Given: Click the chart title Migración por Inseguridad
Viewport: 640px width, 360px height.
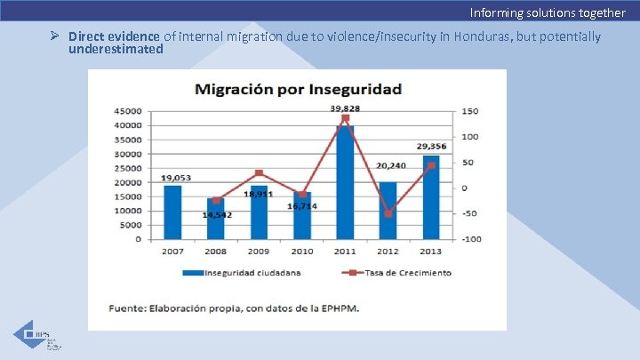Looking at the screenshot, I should [x=298, y=89].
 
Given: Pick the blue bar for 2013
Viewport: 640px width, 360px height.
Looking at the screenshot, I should [x=431, y=197].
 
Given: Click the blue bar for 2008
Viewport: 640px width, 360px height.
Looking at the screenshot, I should [x=216, y=220].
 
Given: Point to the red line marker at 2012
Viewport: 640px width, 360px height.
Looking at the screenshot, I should [x=388, y=213].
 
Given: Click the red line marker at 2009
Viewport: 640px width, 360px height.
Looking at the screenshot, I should [x=259, y=173].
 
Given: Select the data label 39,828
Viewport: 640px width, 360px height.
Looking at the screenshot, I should [x=345, y=108].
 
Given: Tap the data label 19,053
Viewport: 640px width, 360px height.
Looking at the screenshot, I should [x=173, y=177].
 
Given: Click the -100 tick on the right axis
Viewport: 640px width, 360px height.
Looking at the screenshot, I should [x=471, y=239].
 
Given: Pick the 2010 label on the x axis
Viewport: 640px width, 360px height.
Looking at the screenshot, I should [x=302, y=252].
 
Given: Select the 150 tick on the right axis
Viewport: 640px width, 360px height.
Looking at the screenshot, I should [x=469, y=111].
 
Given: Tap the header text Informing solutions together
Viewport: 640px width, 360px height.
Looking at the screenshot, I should [x=548, y=12].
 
